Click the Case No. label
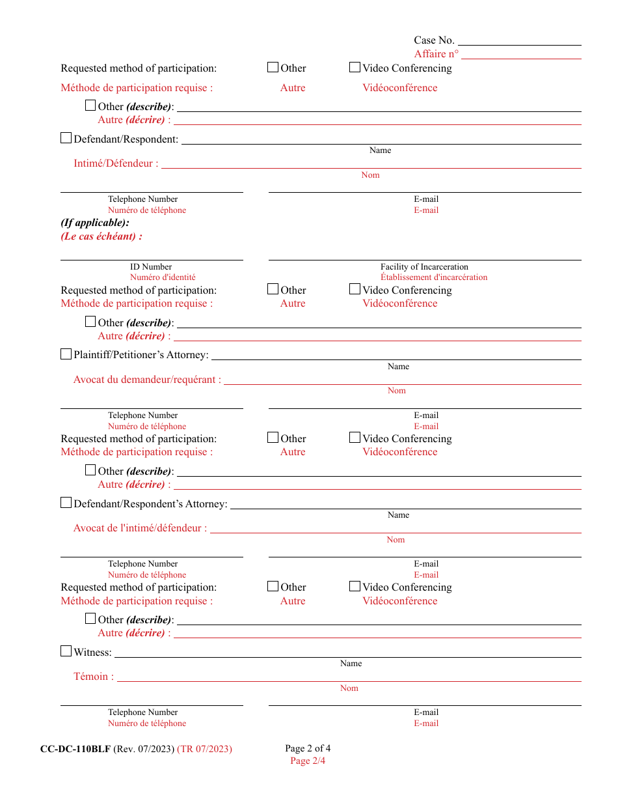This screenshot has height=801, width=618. (x=434, y=40)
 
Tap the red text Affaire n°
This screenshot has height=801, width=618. (x=436, y=54)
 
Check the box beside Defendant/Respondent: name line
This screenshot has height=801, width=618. (x=66, y=138)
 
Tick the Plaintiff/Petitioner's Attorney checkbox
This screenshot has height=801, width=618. (x=66, y=354)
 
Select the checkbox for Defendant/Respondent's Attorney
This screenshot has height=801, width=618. (x=66, y=503)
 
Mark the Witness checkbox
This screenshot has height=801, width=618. (x=66, y=651)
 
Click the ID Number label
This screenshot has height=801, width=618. (x=151, y=267)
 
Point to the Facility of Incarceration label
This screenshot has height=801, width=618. (x=424, y=267)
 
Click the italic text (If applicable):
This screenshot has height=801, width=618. (x=95, y=223)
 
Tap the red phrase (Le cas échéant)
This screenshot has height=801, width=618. (x=101, y=236)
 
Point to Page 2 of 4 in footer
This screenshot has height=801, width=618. (x=308, y=748)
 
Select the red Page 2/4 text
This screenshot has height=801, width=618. (x=308, y=761)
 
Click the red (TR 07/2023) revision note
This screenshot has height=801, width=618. (x=204, y=749)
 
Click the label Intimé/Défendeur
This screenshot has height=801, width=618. (x=115, y=163)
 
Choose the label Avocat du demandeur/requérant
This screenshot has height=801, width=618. (x=147, y=380)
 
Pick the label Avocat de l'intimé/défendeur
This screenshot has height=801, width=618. (x=140, y=528)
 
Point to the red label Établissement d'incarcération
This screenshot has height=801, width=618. (x=434, y=277)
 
